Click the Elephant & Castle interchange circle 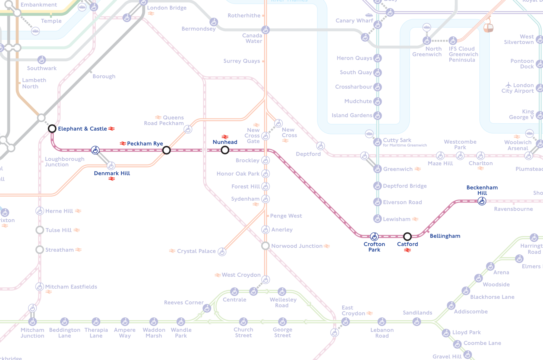[x=52, y=128]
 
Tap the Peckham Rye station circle [x=166, y=150]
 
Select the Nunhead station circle [x=225, y=150]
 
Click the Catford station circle [x=407, y=236]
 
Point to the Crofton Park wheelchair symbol [x=374, y=236]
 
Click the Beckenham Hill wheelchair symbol [x=482, y=201]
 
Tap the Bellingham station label [x=445, y=236]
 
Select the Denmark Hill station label [x=112, y=173]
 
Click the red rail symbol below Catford [x=407, y=250]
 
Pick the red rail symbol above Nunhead [x=225, y=137]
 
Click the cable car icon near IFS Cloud [x=488, y=27]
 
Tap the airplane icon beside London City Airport [x=509, y=85]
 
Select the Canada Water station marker [x=265, y=30]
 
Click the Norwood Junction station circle [x=265, y=246]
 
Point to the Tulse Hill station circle [x=40, y=230]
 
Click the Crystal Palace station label [x=196, y=251]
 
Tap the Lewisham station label [x=396, y=219]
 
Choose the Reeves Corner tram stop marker [x=207, y=308]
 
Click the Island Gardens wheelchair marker [x=377, y=115]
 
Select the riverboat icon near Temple [x=35, y=31]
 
